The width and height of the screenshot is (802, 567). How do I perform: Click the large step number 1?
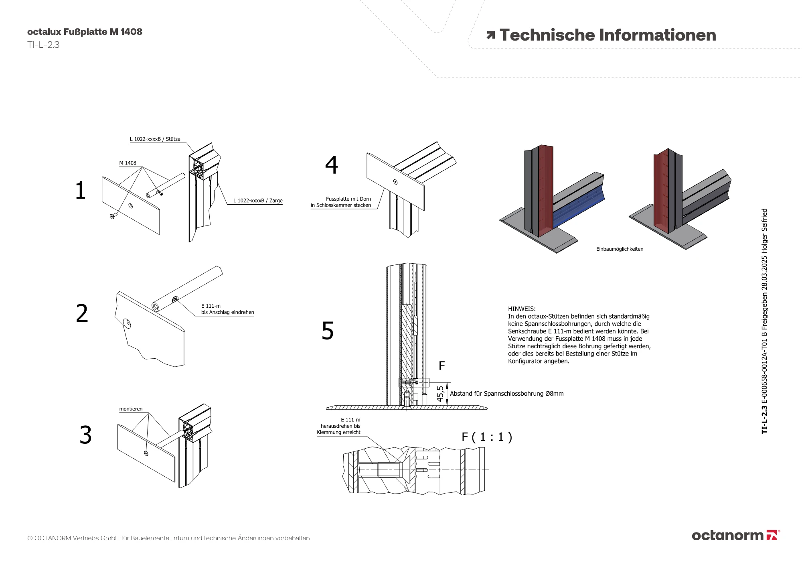tap(81, 190)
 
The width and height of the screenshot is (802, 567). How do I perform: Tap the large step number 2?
tap(82, 313)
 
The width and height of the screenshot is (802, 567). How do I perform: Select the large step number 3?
tap(85, 435)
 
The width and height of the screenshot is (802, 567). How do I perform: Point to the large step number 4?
tap(332, 165)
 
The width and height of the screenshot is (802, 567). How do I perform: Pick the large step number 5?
tap(328, 331)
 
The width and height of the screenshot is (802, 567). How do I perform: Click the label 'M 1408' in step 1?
tap(128, 163)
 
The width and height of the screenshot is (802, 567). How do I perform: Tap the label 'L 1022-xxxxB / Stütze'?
tap(155, 139)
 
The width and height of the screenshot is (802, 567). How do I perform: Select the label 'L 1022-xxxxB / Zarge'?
tap(258, 201)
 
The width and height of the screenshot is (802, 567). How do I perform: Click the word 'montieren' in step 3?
tap(131, 409)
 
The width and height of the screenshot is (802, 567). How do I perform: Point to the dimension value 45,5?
tap(440, 394)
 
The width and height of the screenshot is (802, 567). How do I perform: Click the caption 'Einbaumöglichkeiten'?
tap(620, 249)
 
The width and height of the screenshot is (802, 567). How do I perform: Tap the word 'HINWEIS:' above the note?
tap(522, 309)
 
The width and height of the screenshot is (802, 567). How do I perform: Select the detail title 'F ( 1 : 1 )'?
tap(487, 437)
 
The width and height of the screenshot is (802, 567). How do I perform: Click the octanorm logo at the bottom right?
tap(735, 535)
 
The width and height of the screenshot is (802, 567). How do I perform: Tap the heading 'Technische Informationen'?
tap(608, 35)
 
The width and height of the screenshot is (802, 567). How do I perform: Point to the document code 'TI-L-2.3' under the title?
tap(43, 45)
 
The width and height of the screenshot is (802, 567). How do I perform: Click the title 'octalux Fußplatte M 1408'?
tap(85, 32)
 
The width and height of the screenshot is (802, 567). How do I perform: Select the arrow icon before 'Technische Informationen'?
tap(490, 35)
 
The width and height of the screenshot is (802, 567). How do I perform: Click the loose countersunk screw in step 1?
tap(113, 216)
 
